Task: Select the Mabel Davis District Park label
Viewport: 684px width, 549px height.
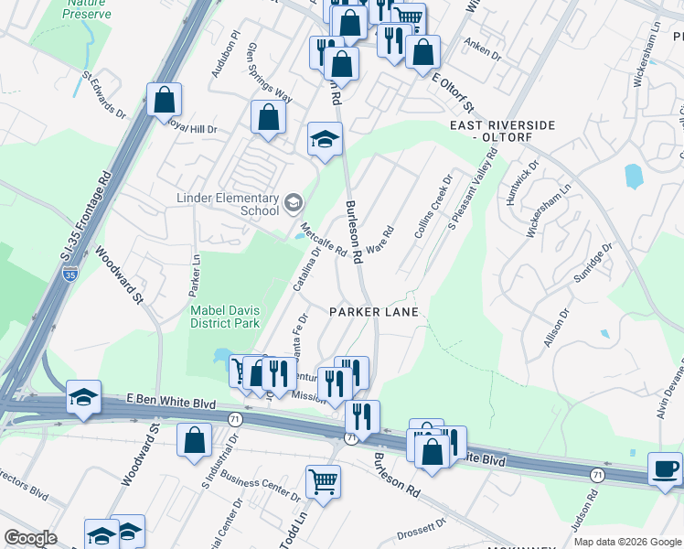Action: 225,317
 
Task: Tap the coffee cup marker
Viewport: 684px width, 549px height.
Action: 665,468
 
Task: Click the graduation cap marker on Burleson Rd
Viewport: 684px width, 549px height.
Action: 324,139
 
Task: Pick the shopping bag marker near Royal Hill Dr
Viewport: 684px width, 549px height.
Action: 268,118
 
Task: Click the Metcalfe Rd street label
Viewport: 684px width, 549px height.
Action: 323,239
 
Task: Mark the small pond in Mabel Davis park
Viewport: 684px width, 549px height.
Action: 221,354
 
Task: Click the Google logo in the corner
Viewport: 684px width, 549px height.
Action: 30,538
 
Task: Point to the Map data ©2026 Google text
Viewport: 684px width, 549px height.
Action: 627,542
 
